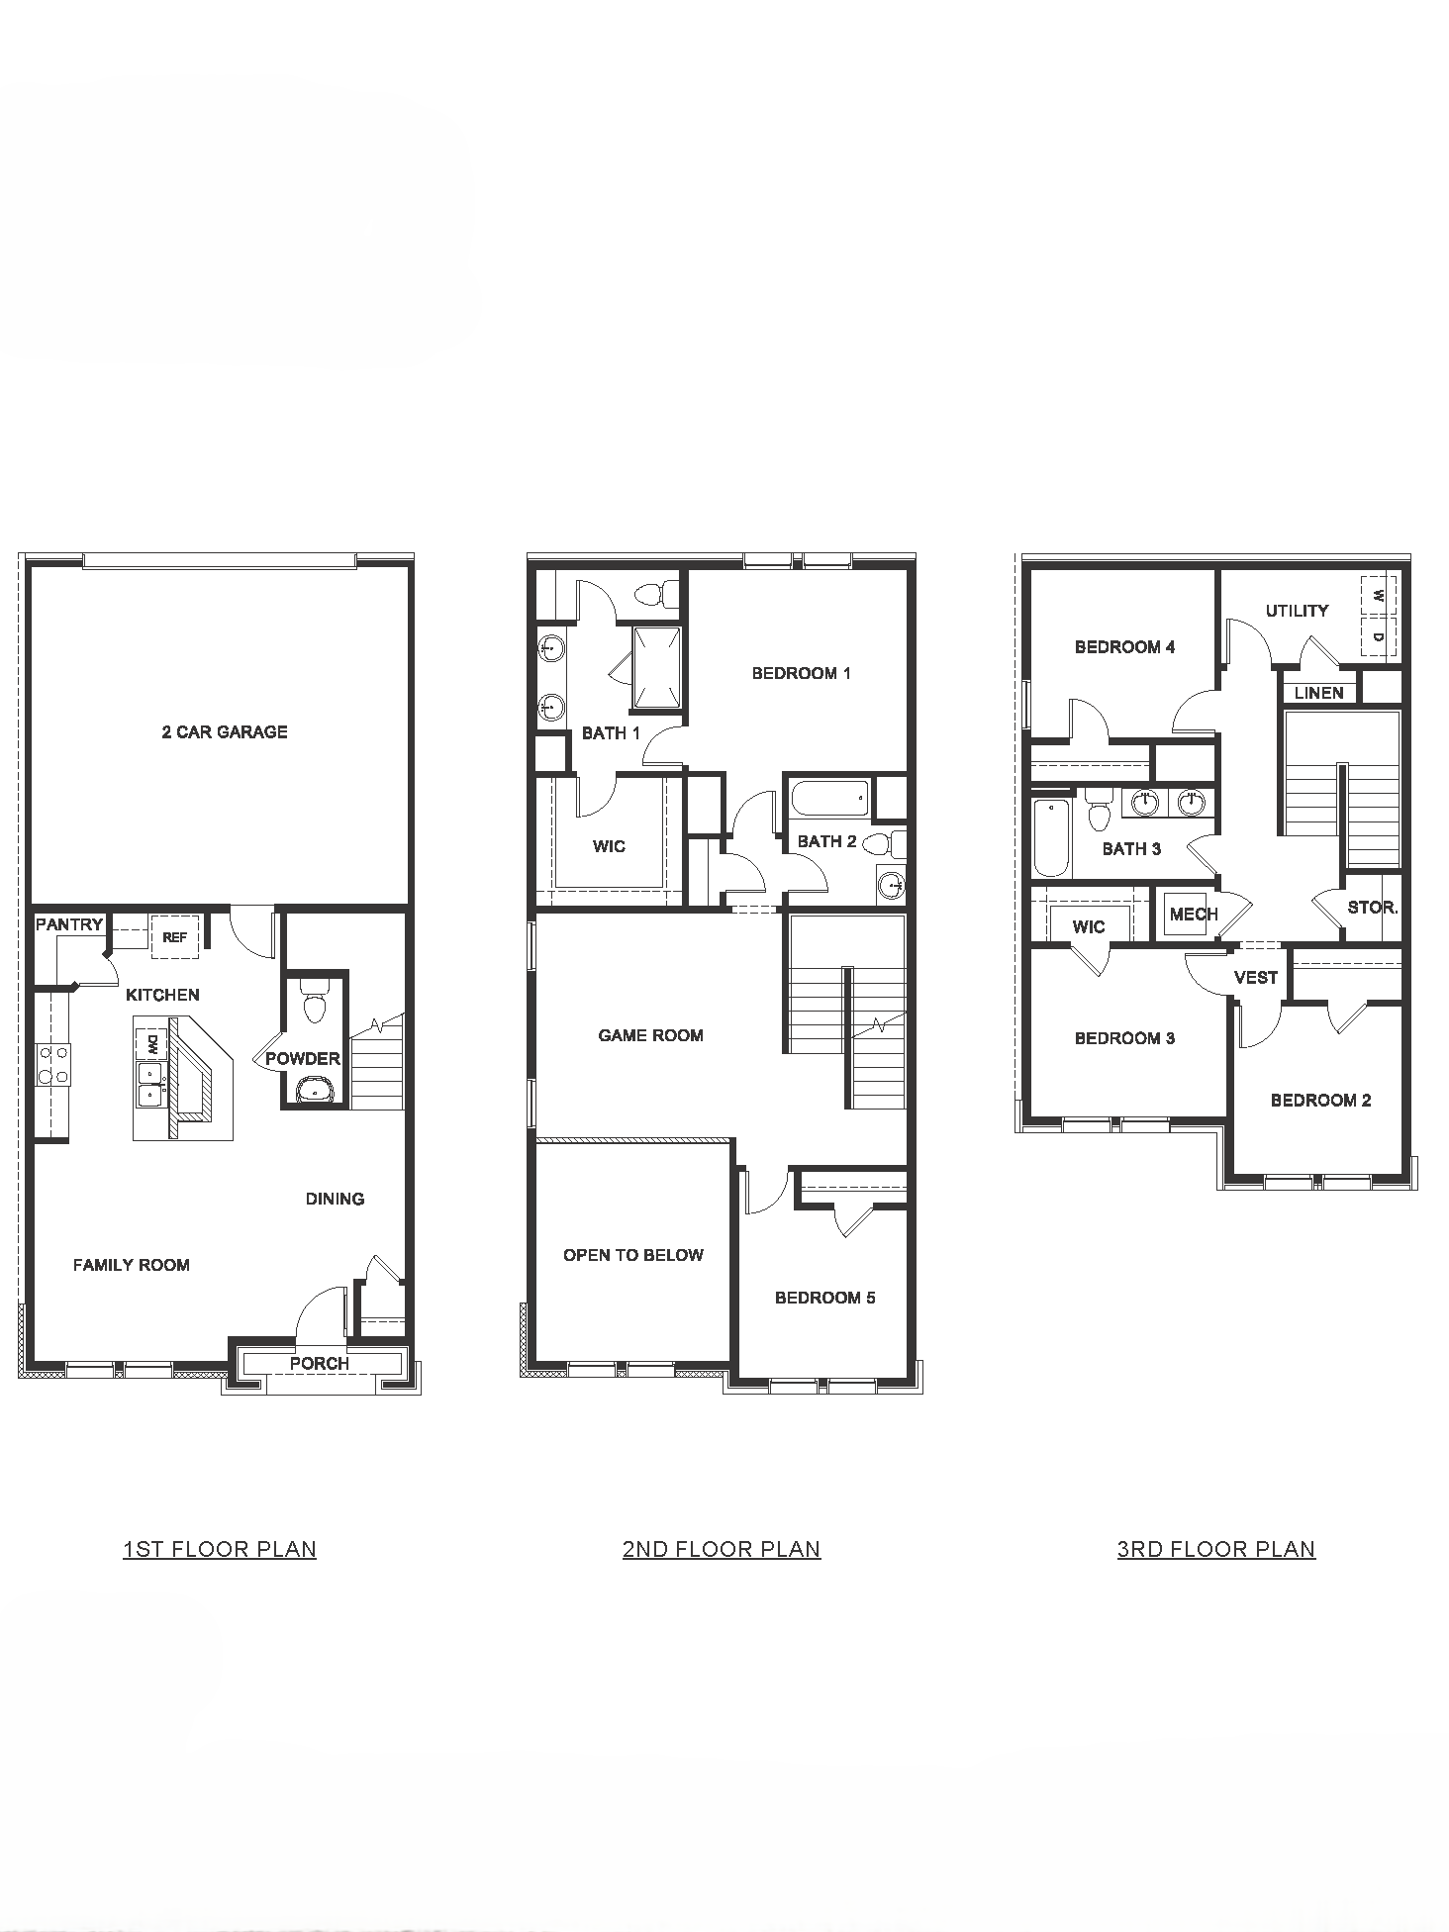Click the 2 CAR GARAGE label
(225, 732)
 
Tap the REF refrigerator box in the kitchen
(175, 936)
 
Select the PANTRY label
(69, 924)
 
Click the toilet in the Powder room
(314, 1002)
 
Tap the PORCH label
(319, 1363)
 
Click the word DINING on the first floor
(335, 1199)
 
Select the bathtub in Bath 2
(831, 798)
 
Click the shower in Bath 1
(657, 667)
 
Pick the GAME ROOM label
(650, 1035)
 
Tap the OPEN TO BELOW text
(633, 1255)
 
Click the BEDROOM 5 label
(825, 1298)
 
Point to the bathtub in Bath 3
(1052, 837)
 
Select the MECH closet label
(1194, 915)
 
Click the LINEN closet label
(1319, 693)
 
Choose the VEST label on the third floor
(1256, 978)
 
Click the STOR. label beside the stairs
(1373, 907)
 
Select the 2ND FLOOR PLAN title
(722, 1549)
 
